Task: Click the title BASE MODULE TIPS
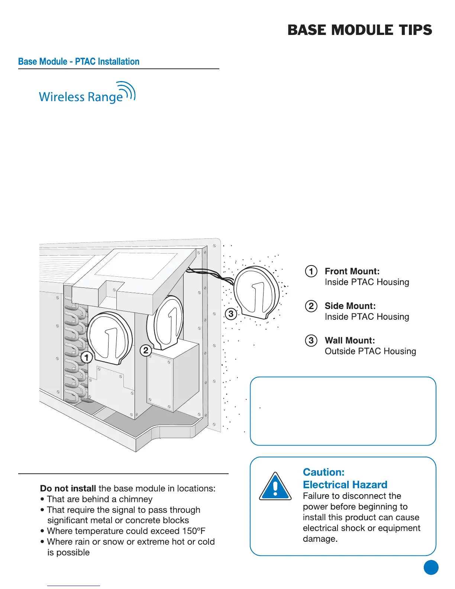359,30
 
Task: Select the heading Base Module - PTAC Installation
79,62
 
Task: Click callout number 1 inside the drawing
87,358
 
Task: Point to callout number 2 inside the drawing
146,350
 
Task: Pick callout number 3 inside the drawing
231,314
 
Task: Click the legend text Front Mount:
352,271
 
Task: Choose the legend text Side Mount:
350,306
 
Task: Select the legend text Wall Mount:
350,341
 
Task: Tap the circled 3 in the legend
311,341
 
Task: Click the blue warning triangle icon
275,487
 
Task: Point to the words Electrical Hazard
345,485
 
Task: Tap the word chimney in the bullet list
136,499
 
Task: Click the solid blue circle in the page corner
431,567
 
